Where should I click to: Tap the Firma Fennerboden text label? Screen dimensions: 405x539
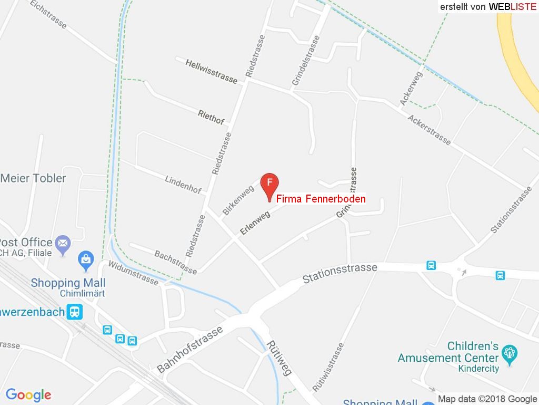point(321,199)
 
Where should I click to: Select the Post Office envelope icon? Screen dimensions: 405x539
point(63,244)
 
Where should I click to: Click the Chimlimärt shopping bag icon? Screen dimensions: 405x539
point(85,259)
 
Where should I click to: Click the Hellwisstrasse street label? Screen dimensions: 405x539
point(212,71)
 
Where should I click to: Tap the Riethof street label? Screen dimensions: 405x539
point(211,117)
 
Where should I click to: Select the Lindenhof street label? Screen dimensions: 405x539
point(183,185)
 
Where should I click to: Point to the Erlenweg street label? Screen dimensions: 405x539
point(255,223)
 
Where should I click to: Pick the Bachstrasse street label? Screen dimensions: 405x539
point(175,262)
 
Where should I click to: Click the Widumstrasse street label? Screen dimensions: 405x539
point(133,272)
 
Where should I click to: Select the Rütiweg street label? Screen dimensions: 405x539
point(279,358)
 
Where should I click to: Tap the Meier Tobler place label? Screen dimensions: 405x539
point(34,178)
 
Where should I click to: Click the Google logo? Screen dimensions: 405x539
point(28,394)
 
